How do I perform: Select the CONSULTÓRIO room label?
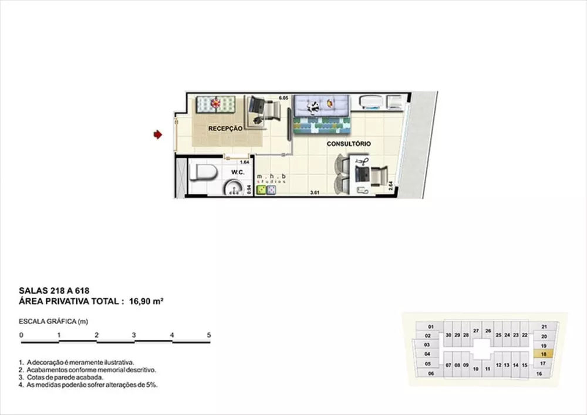click(349, 144)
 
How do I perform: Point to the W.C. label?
click(238, 172)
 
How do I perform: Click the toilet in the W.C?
click(204, 173)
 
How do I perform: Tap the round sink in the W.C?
click(233, 188)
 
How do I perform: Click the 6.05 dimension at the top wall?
click(284, 97)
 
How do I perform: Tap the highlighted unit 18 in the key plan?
click(544, 354)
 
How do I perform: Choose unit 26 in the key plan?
click(488, 331)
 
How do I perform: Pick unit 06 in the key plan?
click(431, 373)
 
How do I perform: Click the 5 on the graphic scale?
click(209, 335)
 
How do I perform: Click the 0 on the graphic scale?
click(21, 335)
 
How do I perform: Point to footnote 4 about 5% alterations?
click(89, 386)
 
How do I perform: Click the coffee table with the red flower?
click(215, 104)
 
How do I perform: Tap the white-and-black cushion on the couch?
click(315, 106)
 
